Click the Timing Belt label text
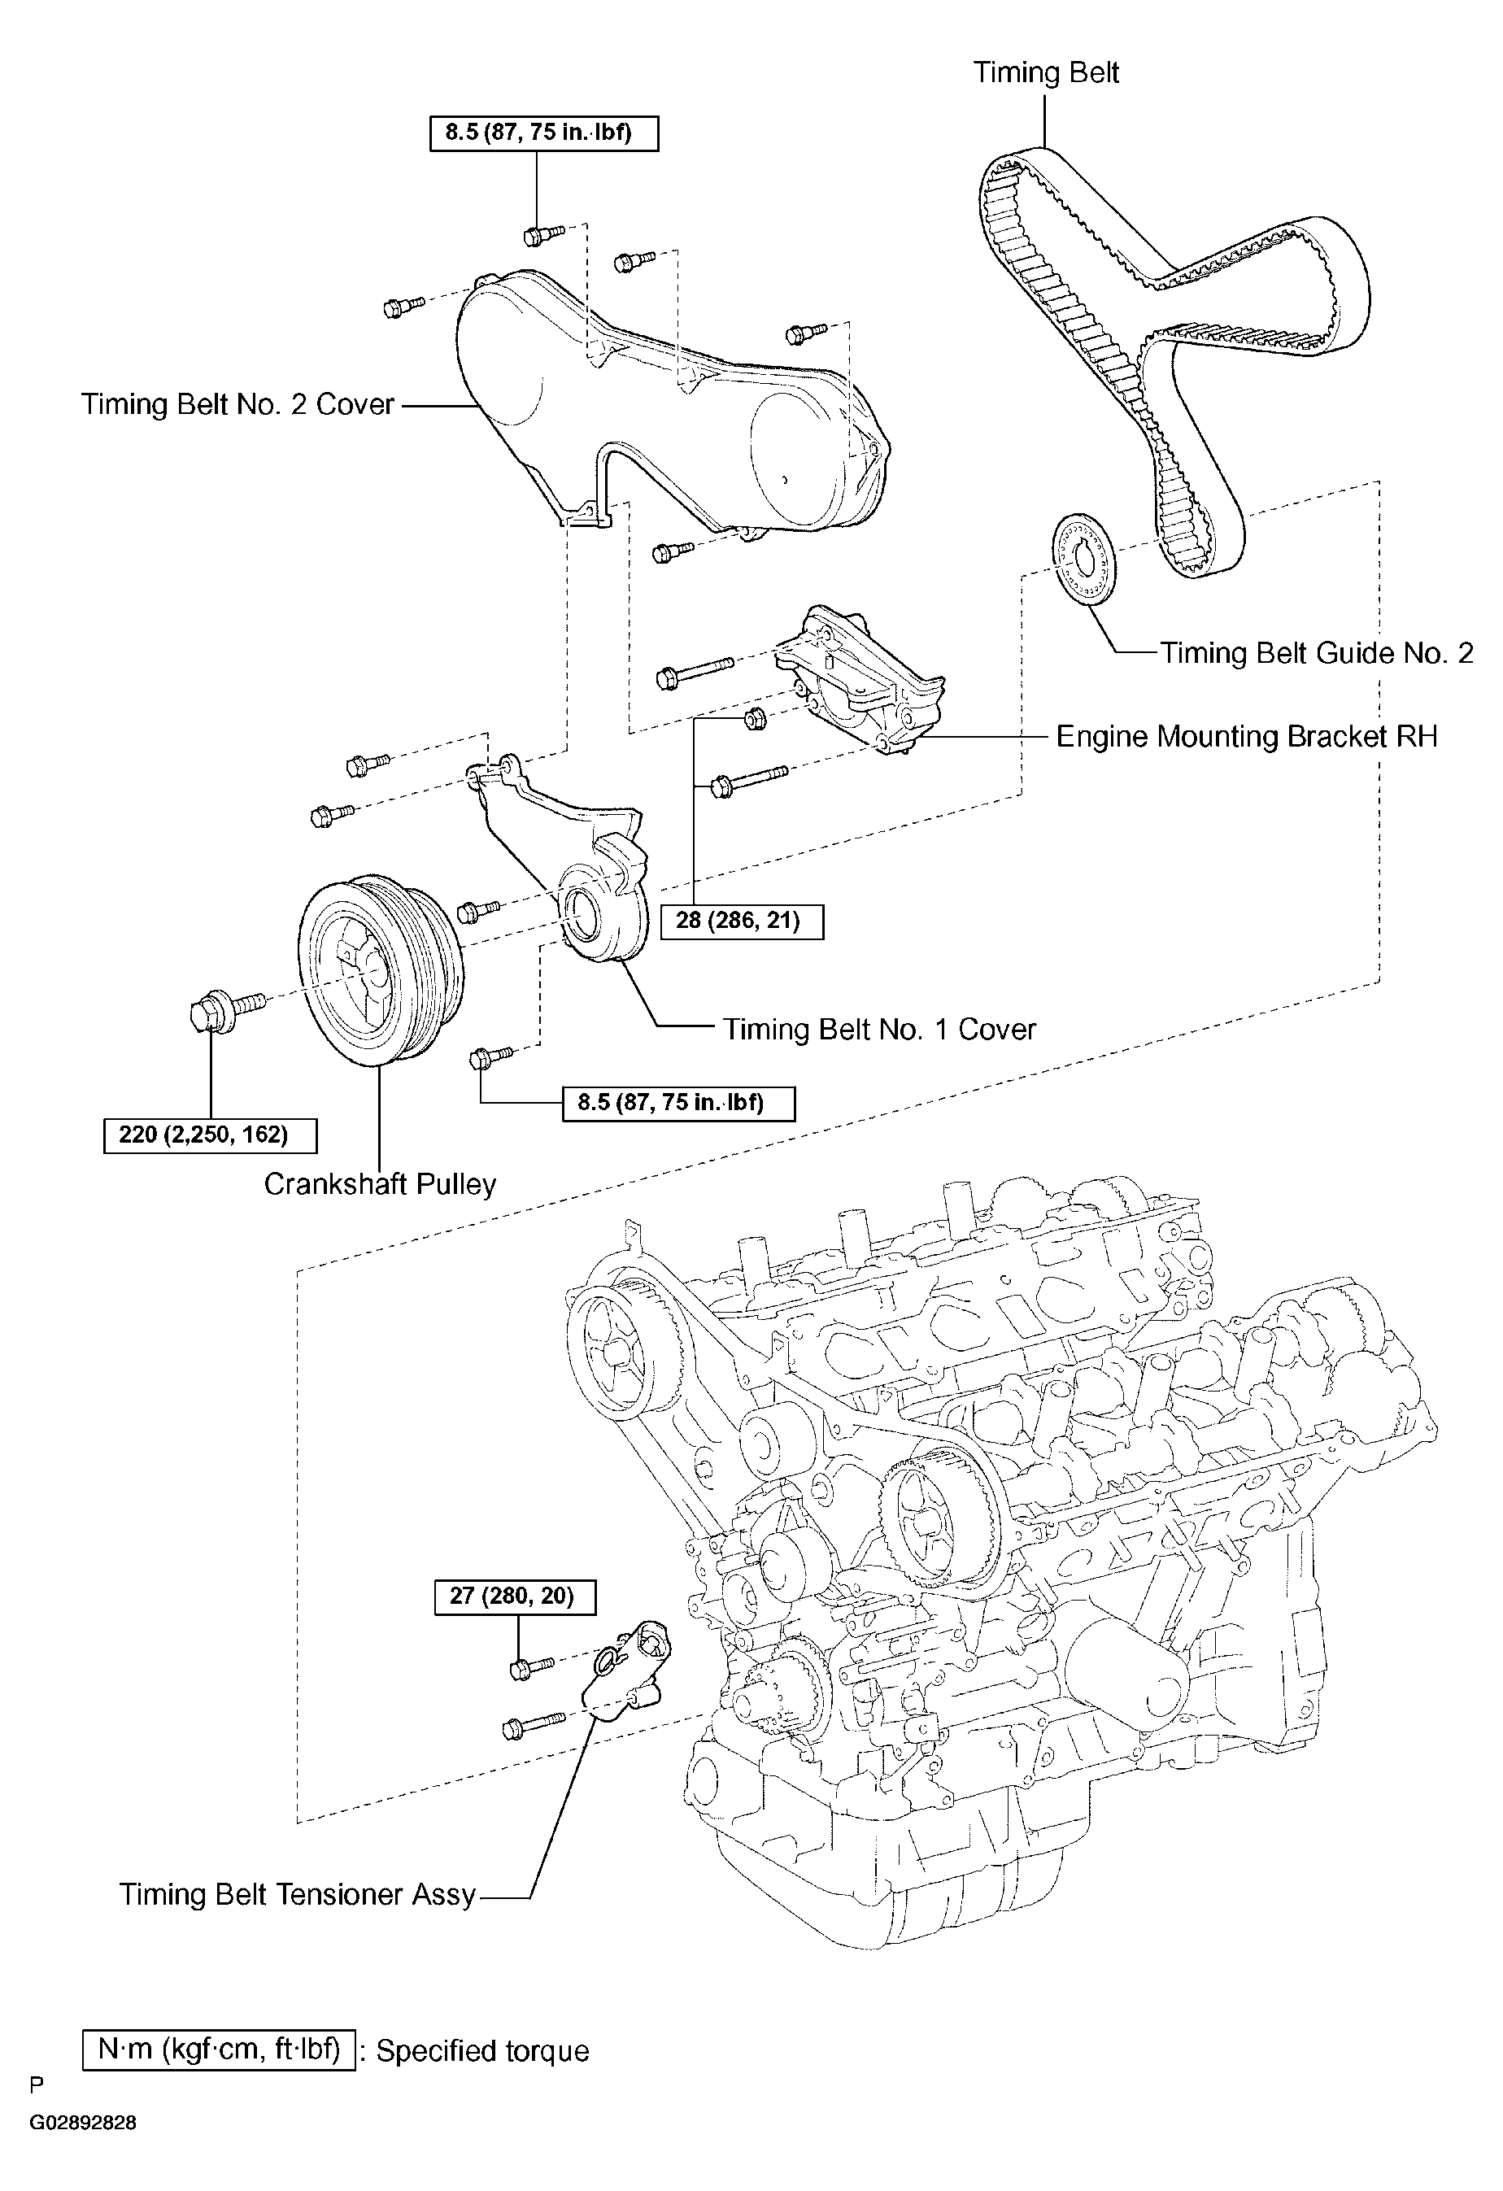coord(1046,73)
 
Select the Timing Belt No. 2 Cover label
coord(237,404)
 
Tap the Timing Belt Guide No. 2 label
coord(1316,652)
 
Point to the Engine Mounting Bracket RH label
coord(1247,736)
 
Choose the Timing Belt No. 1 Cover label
coord(880,1029)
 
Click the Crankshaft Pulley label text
coord(380,1184)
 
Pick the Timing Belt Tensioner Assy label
coord(298,1894)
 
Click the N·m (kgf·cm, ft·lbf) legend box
coord(219,2049)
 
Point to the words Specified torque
coord(483,2051)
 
